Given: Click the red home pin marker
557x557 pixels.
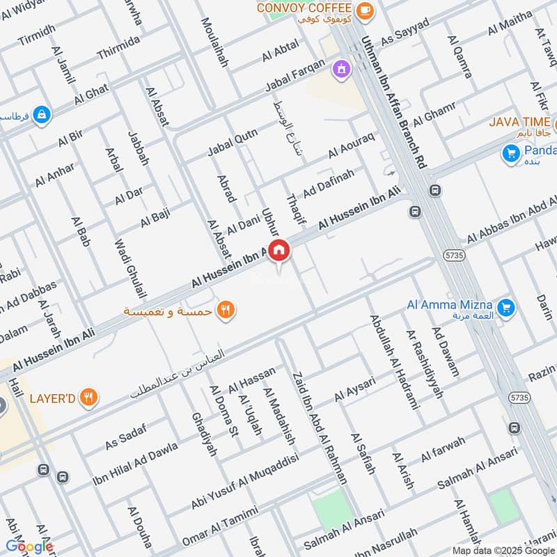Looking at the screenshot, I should (278, 250).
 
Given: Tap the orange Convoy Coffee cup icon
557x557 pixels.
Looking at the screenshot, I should (363, 10).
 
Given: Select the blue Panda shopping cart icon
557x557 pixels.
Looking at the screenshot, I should (512, 152).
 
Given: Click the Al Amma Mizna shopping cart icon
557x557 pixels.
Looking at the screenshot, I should (506, 306).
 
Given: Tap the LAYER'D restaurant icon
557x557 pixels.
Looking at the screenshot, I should (88, 398).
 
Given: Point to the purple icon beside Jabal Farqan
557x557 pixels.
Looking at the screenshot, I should (340, 68).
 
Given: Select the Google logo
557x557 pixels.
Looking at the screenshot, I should (29, 547).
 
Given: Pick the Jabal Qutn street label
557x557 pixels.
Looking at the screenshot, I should (232, 142).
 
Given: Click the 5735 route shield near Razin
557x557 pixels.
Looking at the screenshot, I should (517, 398).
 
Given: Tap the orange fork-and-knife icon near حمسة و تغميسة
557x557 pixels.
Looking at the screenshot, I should (225, 309).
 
